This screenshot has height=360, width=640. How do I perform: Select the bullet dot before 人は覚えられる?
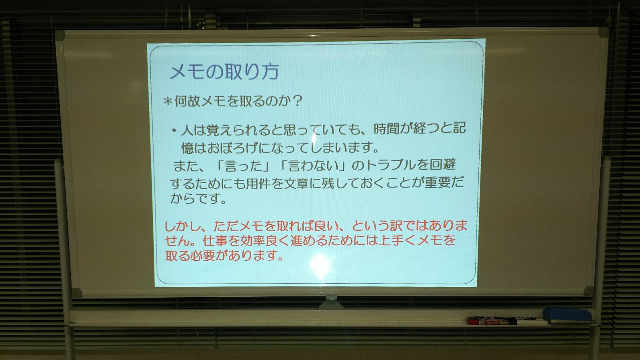coord(174,130)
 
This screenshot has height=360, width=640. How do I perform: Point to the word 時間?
coord(388,129)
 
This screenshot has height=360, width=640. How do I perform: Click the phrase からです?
coord(198,199)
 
